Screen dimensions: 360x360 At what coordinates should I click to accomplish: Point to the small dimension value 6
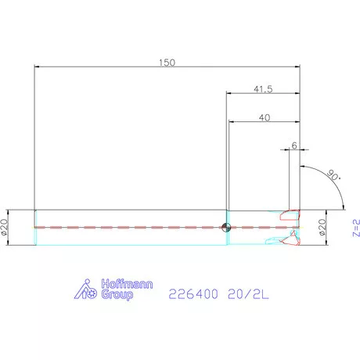tap(293, 146)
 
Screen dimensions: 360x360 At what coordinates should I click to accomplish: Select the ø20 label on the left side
tap(7, 227)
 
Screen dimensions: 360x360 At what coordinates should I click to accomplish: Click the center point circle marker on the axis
tap(225, 228)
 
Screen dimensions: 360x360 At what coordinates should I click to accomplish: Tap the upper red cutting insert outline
tap(290, 213)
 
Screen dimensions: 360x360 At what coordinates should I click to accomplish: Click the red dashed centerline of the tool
tap(125, 227)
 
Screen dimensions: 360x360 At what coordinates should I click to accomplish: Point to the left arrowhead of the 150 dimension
tap(38, 67)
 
